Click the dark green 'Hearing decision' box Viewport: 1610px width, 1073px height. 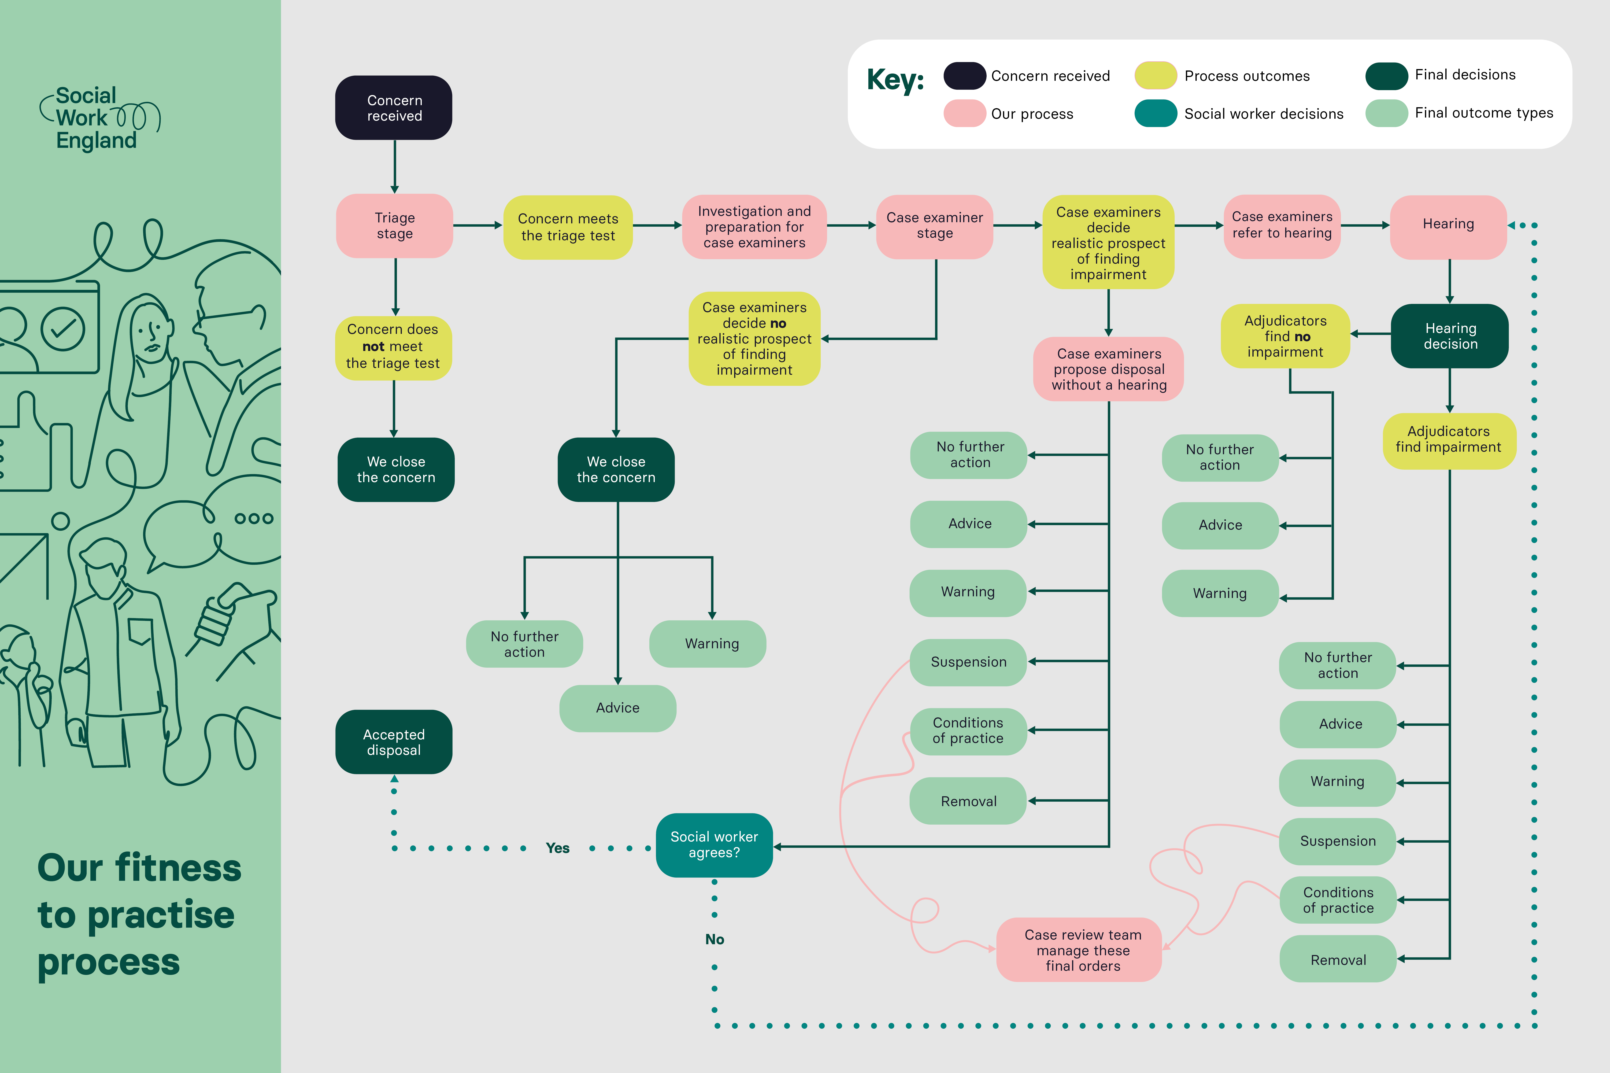[1450, 336]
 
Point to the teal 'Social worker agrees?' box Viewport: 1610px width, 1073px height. [714, 845]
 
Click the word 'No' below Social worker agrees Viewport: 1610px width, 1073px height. [715, 940]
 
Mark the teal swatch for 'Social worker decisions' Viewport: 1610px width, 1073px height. [1155, 114]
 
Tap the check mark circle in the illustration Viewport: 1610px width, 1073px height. [63, 329]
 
